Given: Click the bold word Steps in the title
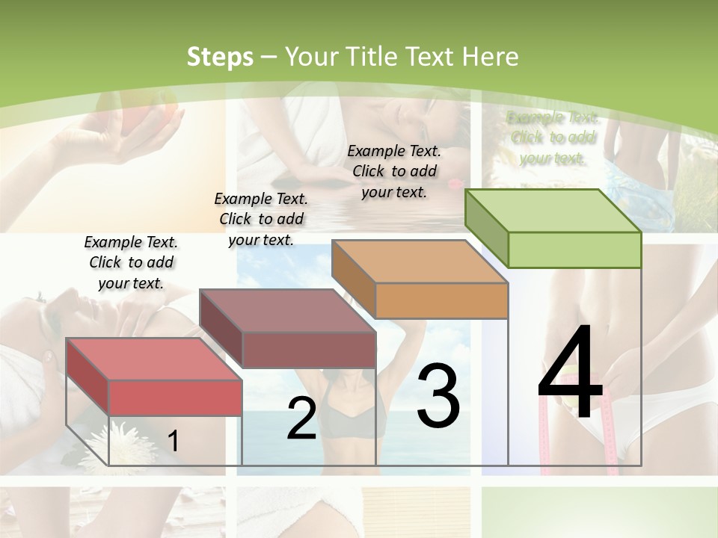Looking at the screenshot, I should point(220,57).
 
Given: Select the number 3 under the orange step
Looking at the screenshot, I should point(438,397).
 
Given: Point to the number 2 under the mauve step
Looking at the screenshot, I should point(301,419).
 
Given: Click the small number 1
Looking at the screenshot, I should point(173,441).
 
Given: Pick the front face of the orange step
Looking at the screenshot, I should point(441,301).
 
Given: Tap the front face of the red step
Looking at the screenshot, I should point(175,398).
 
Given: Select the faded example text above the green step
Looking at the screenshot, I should point(552,137).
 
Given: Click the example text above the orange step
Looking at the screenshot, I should point(394,171).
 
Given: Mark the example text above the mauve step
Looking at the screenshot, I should point(261,219).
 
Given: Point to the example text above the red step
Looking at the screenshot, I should point(131,262).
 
